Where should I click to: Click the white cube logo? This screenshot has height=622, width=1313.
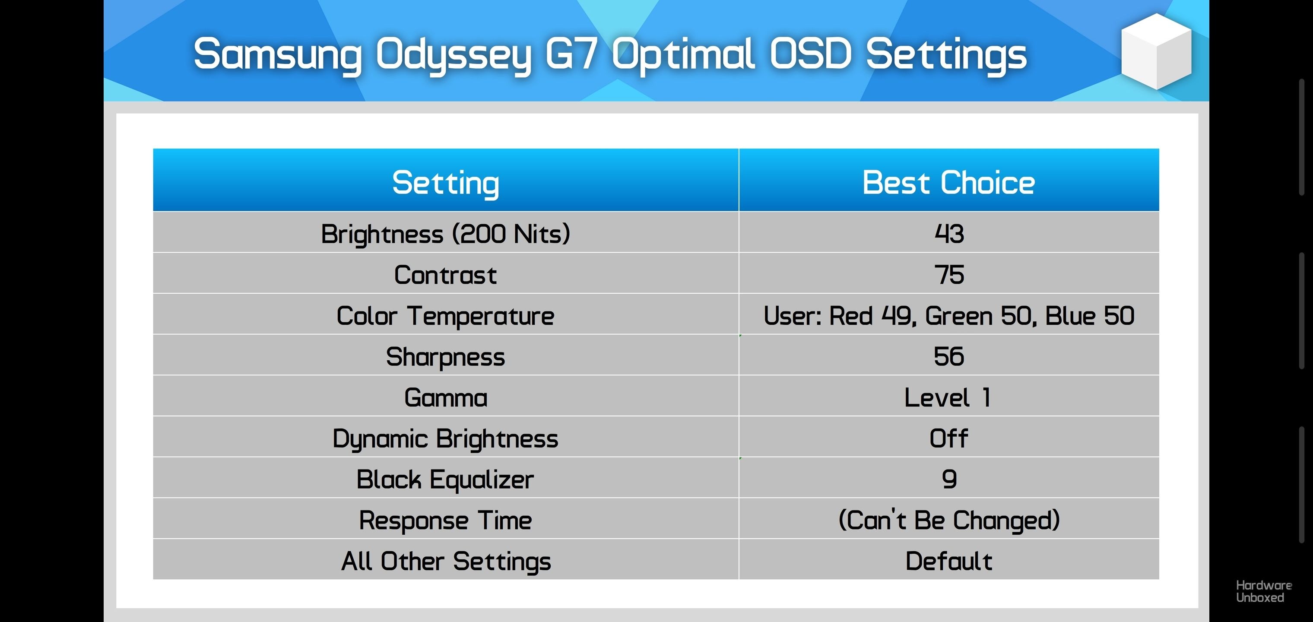(1156, 51)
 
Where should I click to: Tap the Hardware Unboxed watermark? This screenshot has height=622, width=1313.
(1264, 591)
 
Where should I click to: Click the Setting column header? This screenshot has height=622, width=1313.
(445, 183)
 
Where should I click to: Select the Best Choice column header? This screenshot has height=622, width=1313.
(948, 183)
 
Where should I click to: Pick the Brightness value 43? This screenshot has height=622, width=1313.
(949, 234)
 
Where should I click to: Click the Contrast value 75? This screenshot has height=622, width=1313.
(949, 275)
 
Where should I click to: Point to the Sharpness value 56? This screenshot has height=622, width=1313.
(949, 356)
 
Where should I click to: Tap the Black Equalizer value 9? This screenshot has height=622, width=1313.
(949, 479)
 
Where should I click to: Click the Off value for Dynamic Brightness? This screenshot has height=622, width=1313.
(948, 438)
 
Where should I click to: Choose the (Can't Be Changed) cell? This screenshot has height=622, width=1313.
(949, 520)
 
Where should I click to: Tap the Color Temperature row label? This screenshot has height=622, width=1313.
(445, 316)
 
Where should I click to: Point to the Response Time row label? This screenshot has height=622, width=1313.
(445, 520)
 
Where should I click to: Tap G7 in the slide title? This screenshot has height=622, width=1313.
(571, 54)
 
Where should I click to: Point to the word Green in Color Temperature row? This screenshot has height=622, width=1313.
(959, 316)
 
